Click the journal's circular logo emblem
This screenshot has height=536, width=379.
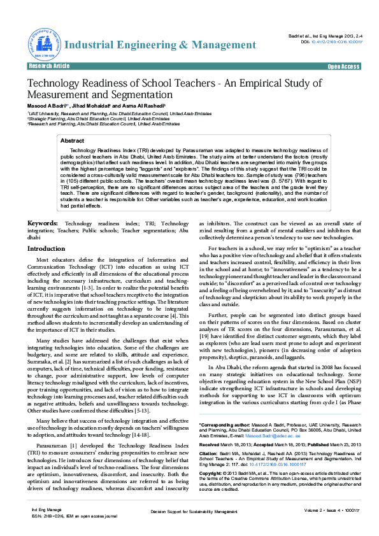[x=43, y=44]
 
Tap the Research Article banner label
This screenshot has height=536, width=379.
[x=49, y=66]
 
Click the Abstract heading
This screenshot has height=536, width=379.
[x=72, y=141]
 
